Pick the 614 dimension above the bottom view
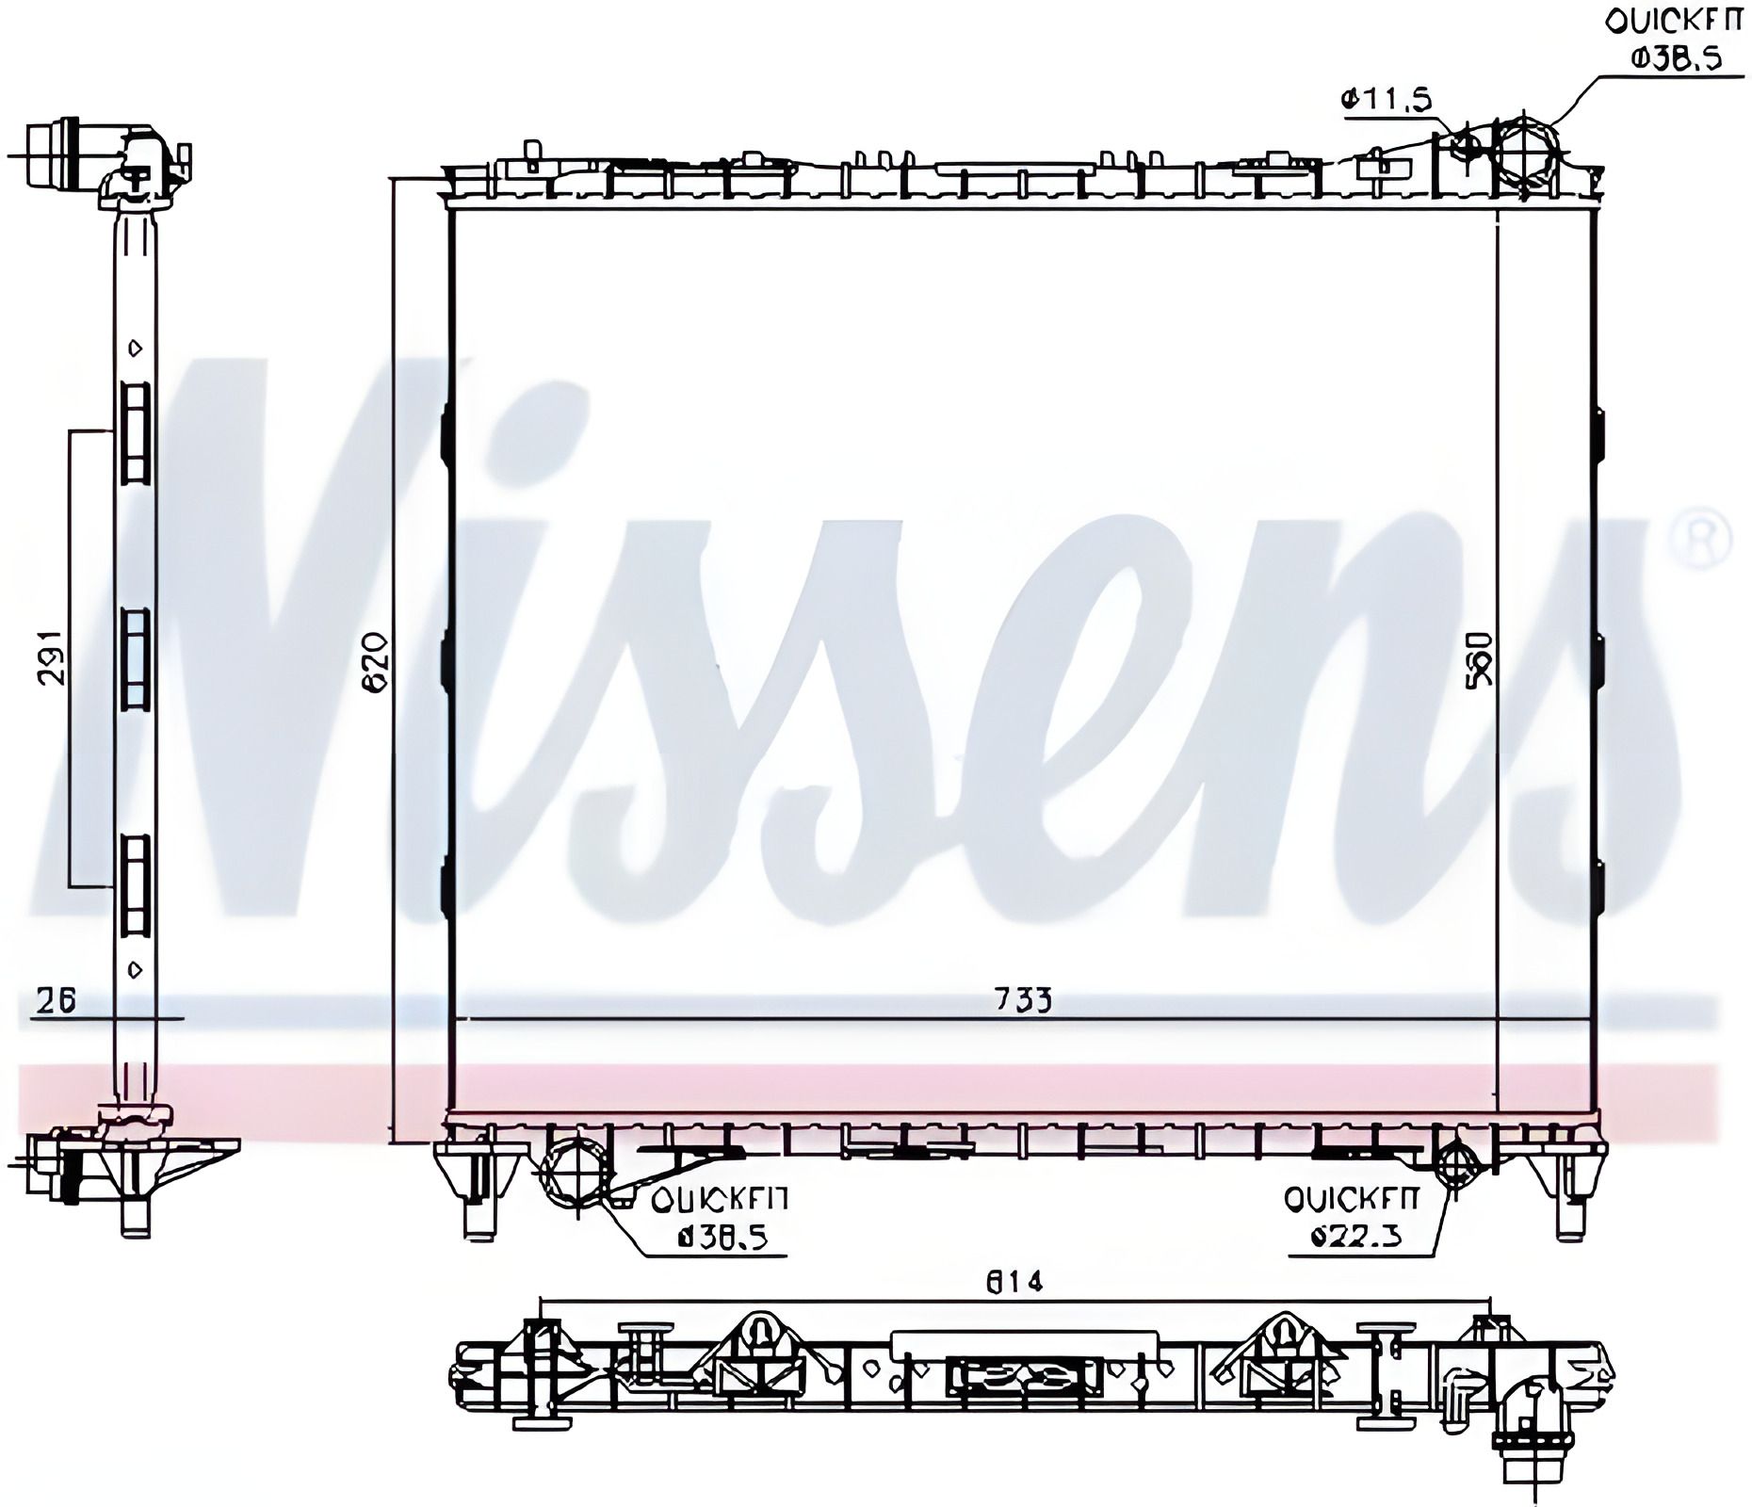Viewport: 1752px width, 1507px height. tap(1014, 1282)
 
